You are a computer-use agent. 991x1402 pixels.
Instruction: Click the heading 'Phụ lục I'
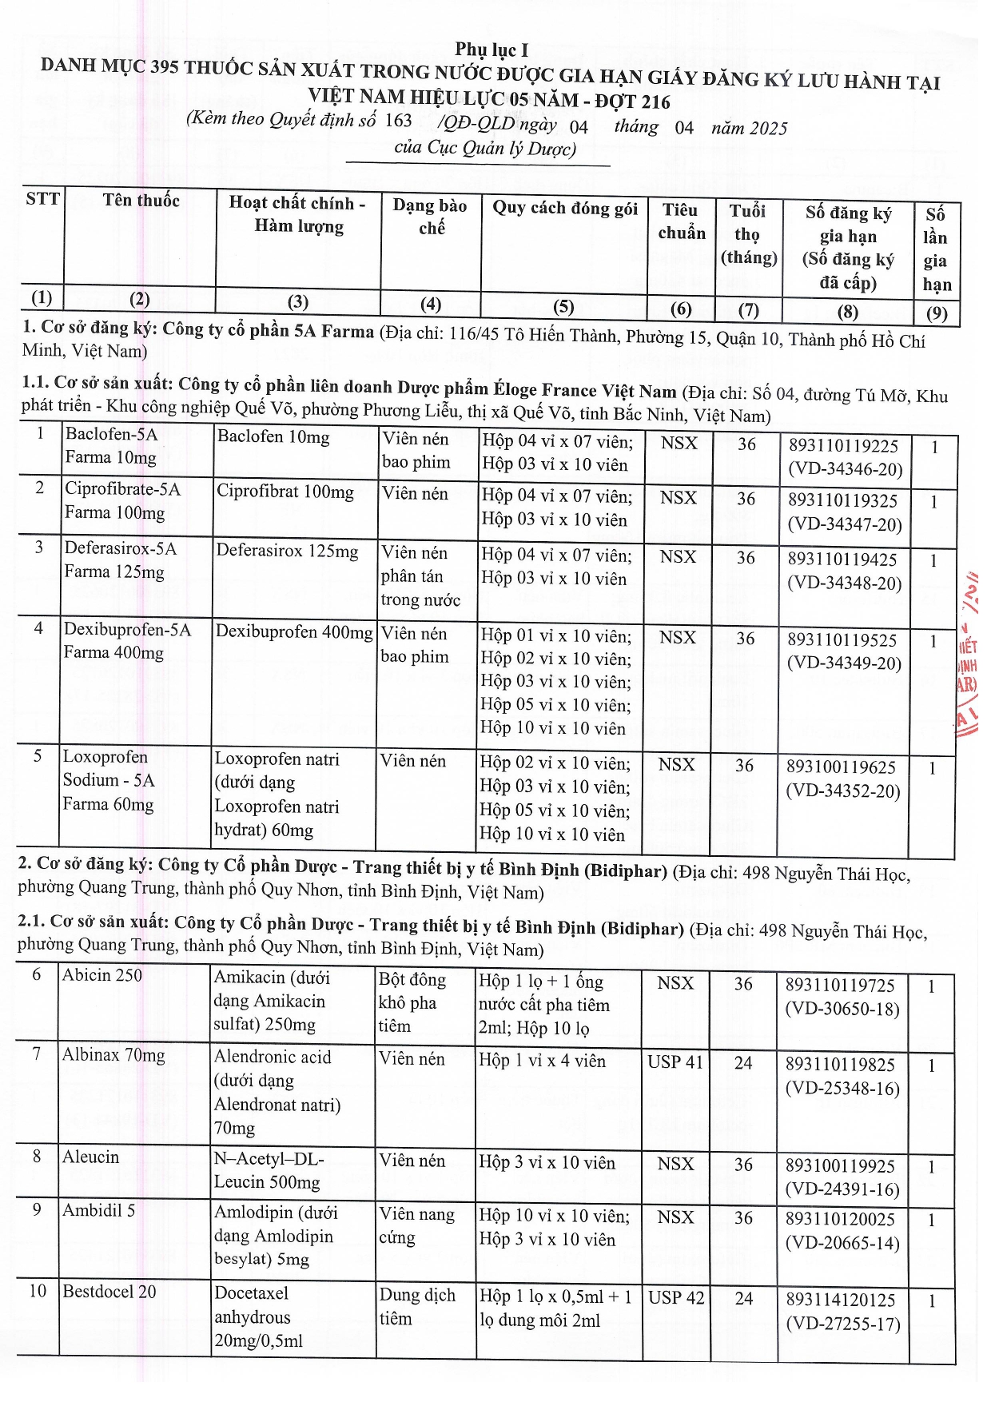tap(492, 50)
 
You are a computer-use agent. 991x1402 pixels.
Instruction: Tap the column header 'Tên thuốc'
tap(141, 200)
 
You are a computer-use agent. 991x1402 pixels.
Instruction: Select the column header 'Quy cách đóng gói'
tap(564, 208)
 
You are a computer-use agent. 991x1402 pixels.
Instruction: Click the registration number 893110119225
tap(843, 445)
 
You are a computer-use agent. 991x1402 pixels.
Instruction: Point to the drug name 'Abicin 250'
tap(102, 975)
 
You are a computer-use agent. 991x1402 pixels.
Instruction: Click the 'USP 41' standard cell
tap(675, 1061)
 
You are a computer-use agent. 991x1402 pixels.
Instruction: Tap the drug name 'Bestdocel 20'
tap(109, 1291)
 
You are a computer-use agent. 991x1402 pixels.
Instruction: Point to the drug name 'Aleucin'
tap(90, 1157)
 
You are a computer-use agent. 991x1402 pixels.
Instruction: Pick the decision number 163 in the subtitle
tap(398, 121)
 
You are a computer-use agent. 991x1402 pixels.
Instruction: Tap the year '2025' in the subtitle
tap(768, 129)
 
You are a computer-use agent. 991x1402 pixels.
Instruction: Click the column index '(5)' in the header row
tap(563, 306)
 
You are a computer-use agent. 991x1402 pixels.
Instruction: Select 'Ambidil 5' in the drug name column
tap(98, 1210)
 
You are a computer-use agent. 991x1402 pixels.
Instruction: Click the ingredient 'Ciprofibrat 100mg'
tap(285, 492)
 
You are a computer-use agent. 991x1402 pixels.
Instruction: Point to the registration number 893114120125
tap(841, 1300)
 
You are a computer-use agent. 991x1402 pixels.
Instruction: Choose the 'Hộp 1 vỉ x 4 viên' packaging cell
tap(542, 1061)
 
